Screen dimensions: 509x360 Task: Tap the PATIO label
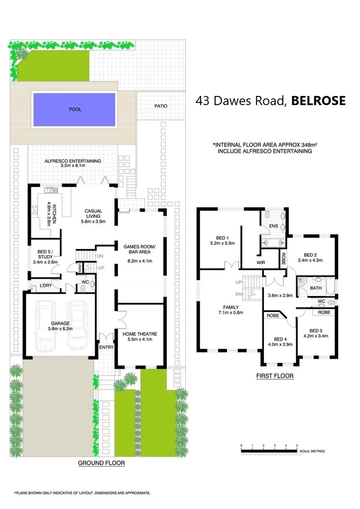coord(161,106)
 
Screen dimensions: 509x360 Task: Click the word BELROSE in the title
coord(318,101)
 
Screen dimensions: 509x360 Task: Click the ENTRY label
coord(106,347)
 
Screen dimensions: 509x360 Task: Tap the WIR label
coord(260,262)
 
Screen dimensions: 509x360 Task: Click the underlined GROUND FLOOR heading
coord(101,463)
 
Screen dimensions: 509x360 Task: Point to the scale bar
coord(269,451)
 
